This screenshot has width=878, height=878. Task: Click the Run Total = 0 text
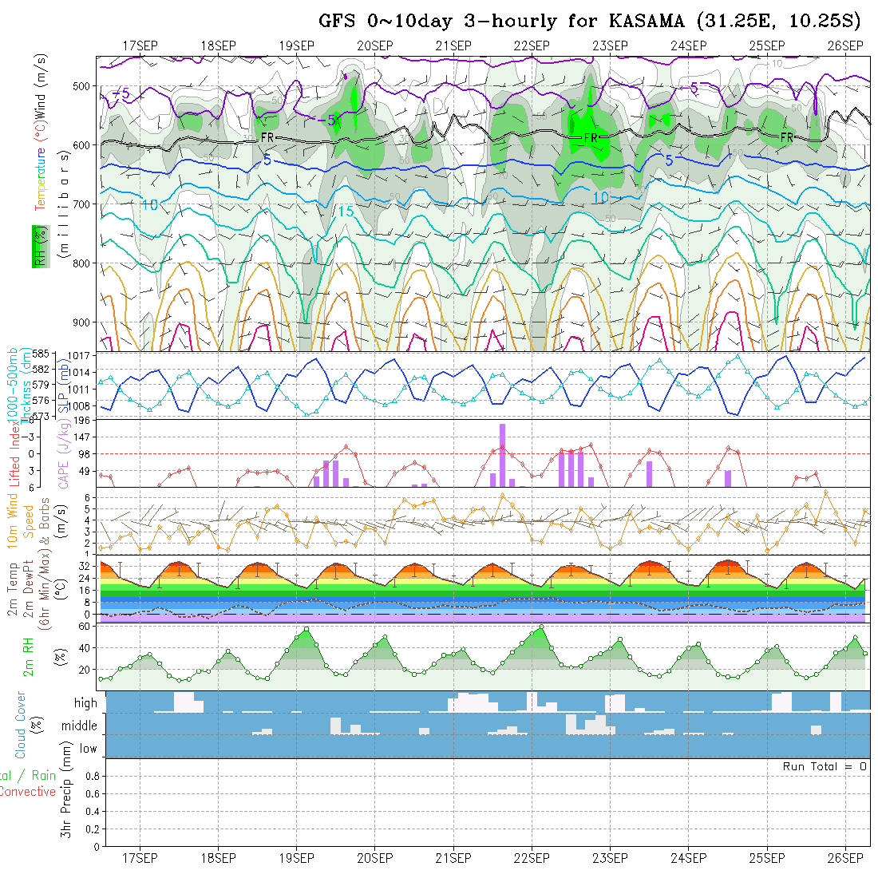click(825, 766)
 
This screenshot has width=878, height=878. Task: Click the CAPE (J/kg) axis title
click(63, 454)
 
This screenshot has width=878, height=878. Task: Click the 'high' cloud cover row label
click(85, 703)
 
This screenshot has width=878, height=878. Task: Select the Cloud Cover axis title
click(20, 725)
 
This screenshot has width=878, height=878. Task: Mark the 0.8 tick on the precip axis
click(91, 776)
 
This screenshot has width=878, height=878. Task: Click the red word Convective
click(27, 792)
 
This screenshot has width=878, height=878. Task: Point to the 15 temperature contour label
click(346, 212)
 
